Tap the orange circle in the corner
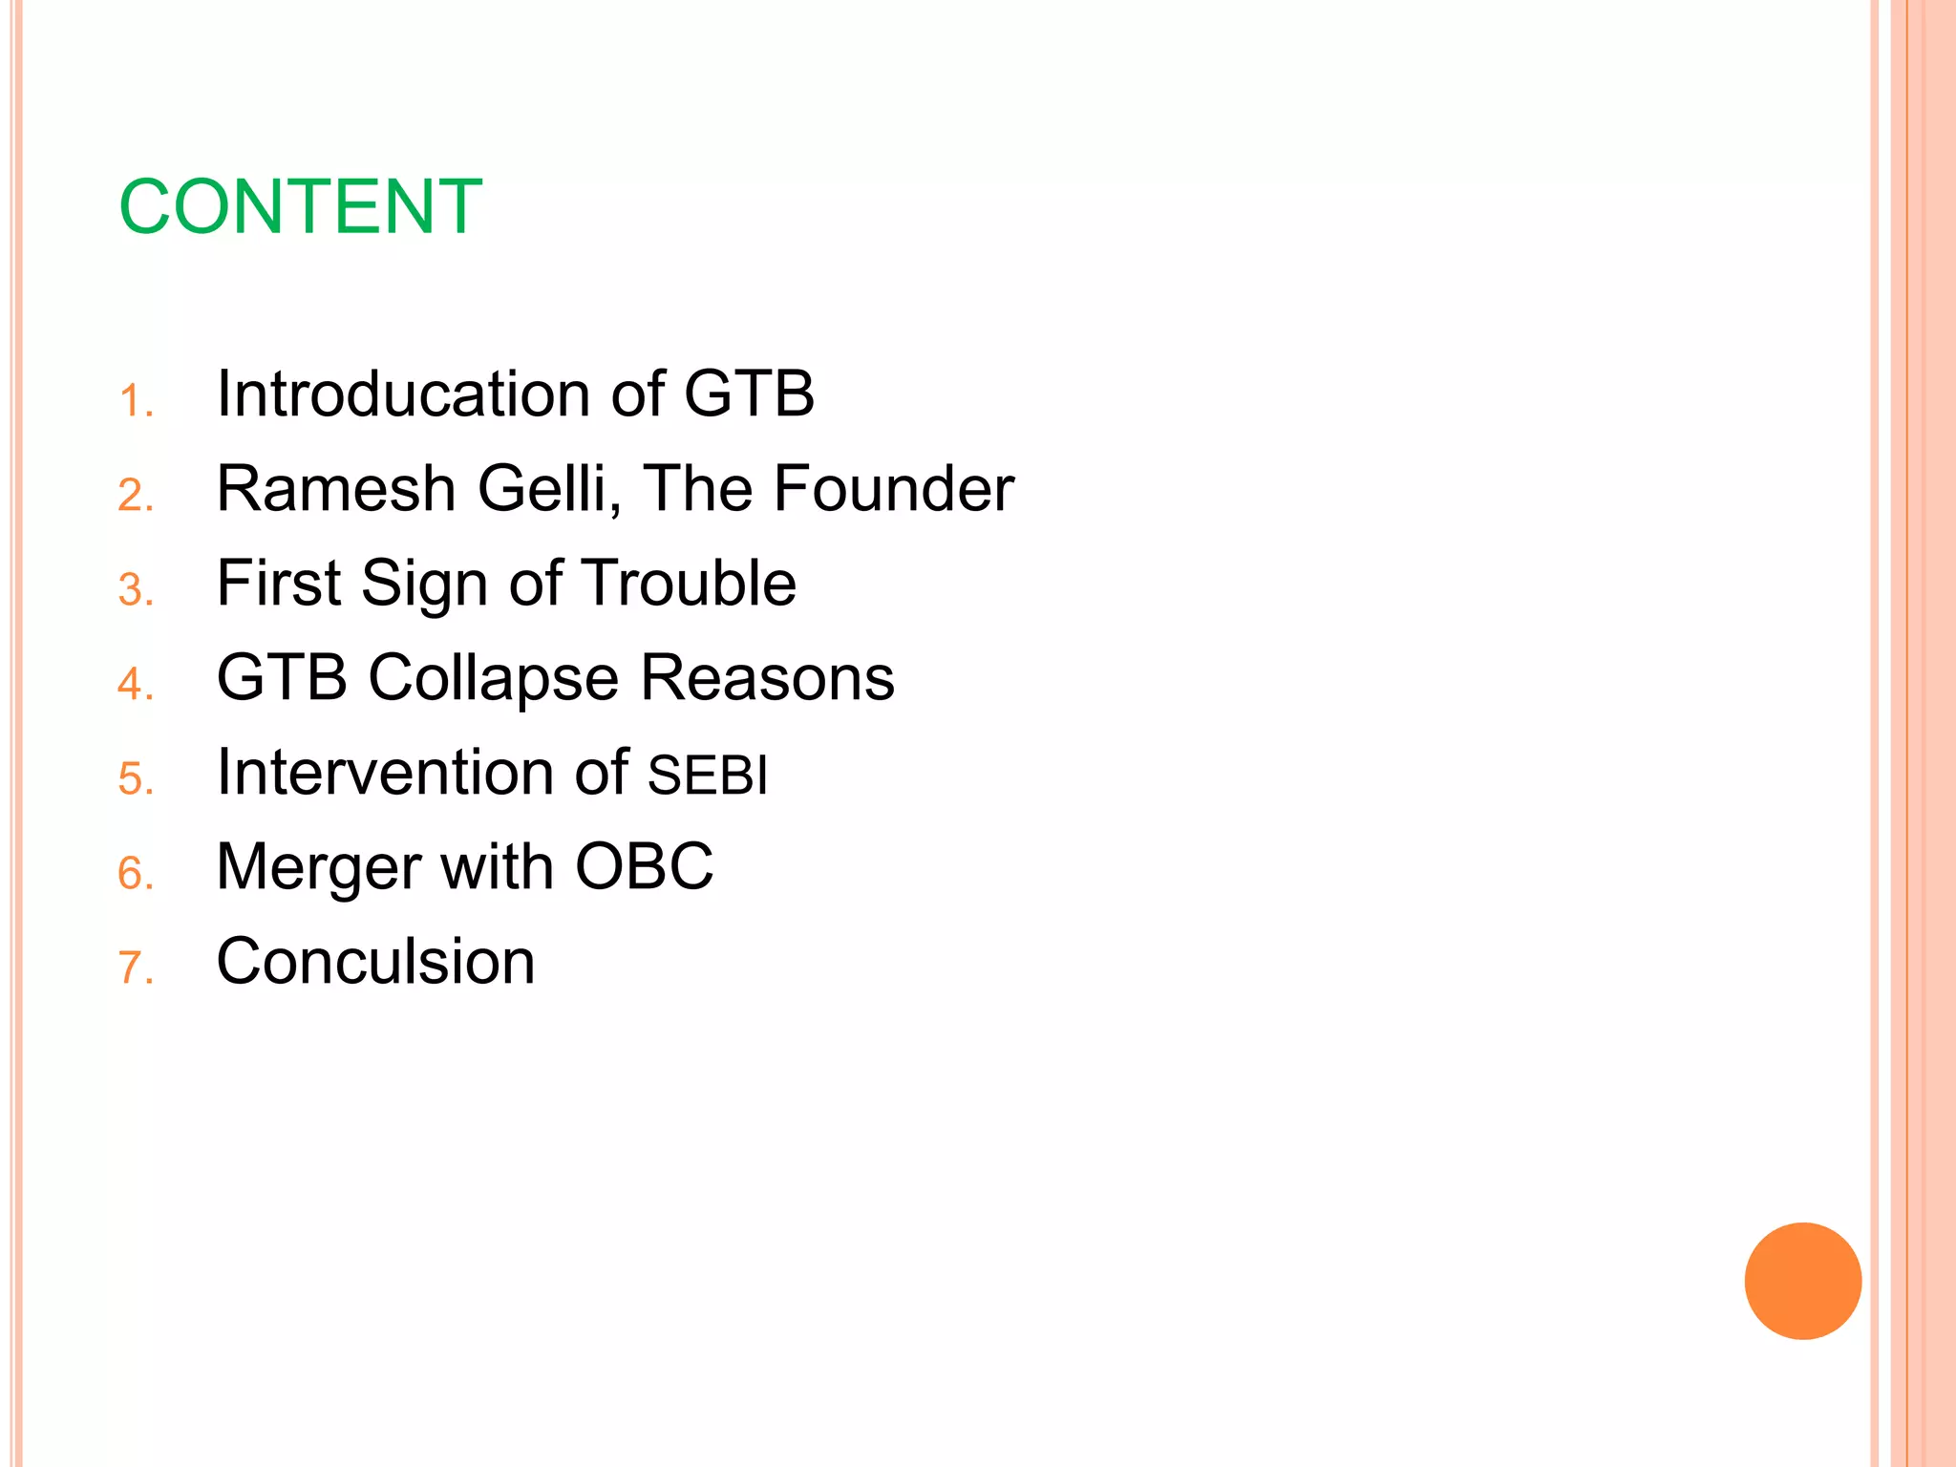(1802, 1281)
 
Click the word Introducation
(402, 393)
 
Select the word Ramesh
(335, 488)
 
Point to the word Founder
(893, 488)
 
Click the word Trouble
(689, 583)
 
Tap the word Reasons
(767, 677)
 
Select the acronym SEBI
(707, 775)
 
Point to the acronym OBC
(644, 866)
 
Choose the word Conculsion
(375, 961)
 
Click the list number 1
(135, 401)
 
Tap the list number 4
(135, 685)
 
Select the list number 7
(135, 968)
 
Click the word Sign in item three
(424, 585)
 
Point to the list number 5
(135, 779)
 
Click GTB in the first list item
(749, 393)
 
